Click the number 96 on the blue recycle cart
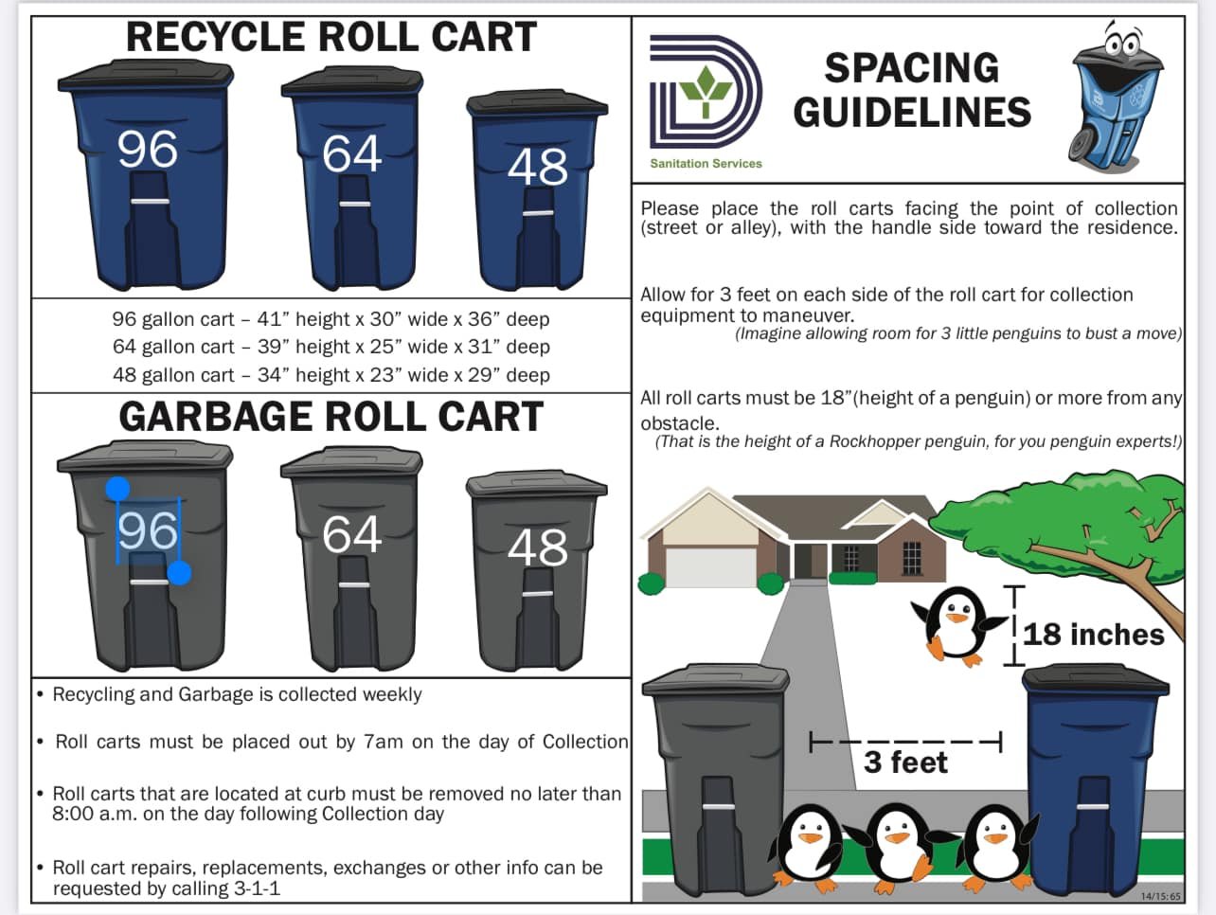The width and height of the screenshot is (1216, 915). (x=148, y=150)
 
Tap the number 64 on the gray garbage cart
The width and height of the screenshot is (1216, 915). (x=351, y=534)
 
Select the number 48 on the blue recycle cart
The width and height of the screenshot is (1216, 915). (x=537, y=168)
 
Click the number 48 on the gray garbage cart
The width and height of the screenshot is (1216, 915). (x=537, y=547)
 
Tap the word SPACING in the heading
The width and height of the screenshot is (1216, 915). (x=911, y=68)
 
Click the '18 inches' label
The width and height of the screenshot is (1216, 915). (x=1093, y=634)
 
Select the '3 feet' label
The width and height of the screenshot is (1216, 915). (x=905, y=762)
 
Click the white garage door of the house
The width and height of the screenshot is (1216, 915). (x=709, y=566)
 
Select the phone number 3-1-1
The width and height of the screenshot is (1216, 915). (x=256, y=888)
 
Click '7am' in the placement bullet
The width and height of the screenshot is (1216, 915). (x=384, y=742)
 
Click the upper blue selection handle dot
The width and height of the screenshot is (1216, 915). (x=117, y=489)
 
